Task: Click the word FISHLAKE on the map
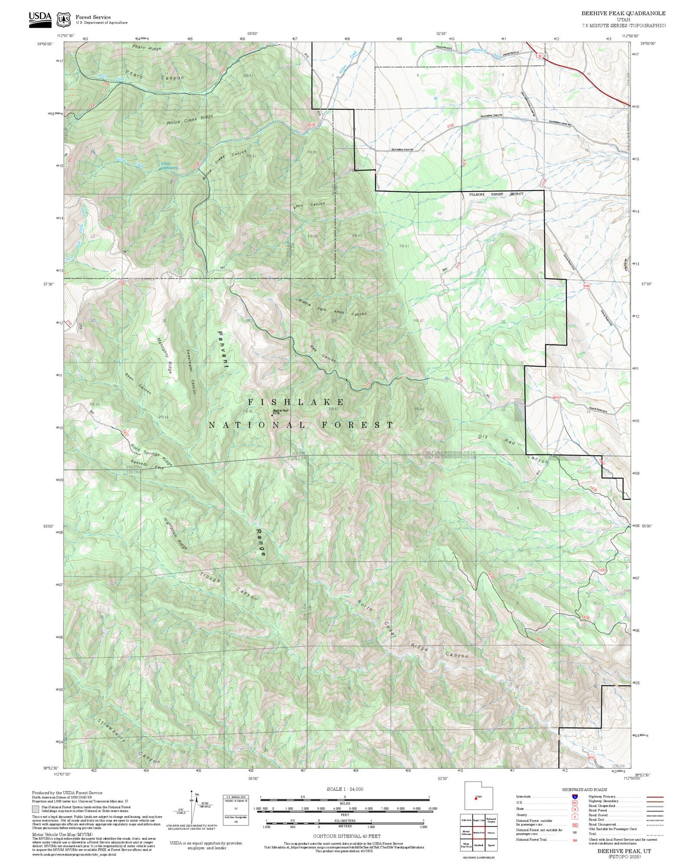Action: pos(296,402)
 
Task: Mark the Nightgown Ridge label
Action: pos(175,534)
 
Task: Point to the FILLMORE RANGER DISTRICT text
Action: pos(496,194)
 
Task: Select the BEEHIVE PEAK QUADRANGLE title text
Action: pos(623,13)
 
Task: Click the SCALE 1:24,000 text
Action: pos(345,789)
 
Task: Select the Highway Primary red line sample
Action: pos(655,797)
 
